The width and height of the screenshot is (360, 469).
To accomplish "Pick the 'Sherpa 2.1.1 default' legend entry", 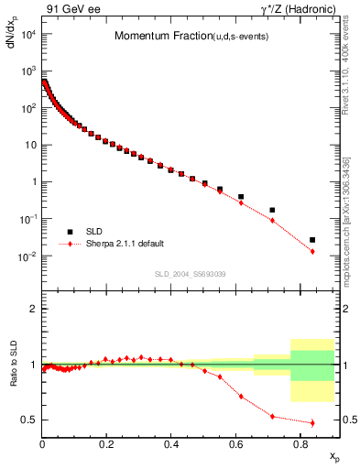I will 125,244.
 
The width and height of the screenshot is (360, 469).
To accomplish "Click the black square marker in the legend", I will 70,232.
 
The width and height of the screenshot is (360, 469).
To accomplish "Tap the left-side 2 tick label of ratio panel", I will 32,310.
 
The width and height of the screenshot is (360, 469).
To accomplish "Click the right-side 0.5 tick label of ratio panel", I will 346,420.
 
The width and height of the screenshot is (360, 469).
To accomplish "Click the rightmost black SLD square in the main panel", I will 312,240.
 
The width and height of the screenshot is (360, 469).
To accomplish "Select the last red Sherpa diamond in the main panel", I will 312,251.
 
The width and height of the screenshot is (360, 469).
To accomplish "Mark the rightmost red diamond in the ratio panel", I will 312,422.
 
